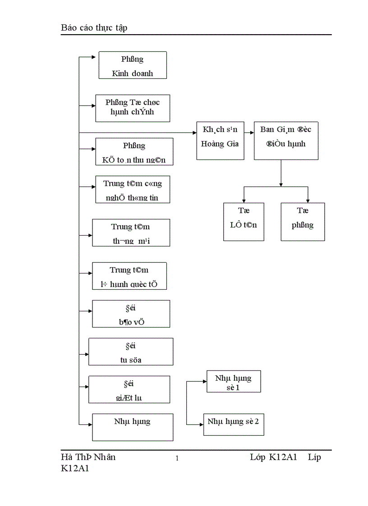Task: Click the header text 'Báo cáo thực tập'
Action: tap(94, 28)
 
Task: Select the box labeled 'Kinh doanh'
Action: tap(133, 65)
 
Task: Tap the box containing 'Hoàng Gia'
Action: tap(219, 141)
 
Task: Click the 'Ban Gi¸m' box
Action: tap(285, 141)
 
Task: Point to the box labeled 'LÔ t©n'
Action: tap(244, 221)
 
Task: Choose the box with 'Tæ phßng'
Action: tap(302, 221)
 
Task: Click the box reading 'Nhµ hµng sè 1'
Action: tap(233, 382)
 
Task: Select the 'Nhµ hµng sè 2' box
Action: tap(233, 424)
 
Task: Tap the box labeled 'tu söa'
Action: tap(131, 351)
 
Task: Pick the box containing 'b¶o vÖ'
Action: tap(131, 314)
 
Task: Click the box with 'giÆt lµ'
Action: tap(129, 389)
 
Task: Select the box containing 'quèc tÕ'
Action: tap(129, 276)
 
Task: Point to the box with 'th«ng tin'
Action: tap(133, 189)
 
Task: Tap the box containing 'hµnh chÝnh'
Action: tap(133, 108)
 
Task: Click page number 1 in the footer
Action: tap(177, 459)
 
